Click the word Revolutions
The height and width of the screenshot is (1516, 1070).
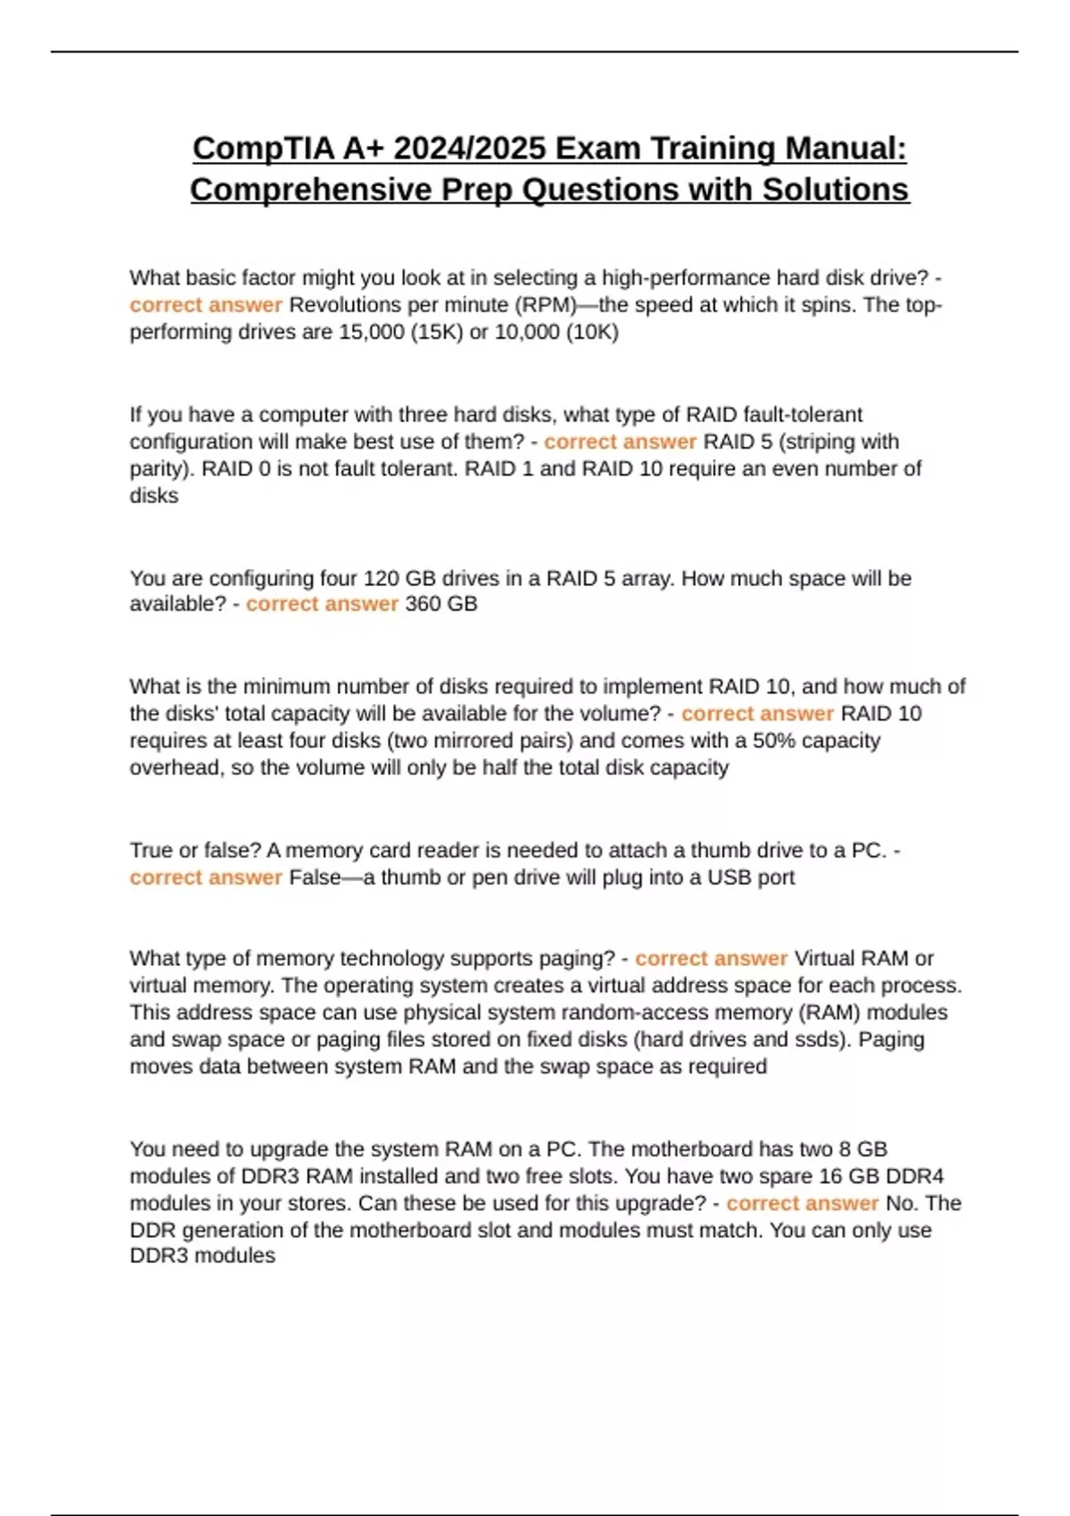(x=344, y=305)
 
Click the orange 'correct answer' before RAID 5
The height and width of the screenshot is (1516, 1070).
(x=620, y=441)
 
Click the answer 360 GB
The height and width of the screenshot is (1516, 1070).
(x=441, y=604)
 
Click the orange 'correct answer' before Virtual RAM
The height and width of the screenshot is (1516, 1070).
(x=711, y=959)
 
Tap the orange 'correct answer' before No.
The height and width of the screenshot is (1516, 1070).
(x=802, y=1203)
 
